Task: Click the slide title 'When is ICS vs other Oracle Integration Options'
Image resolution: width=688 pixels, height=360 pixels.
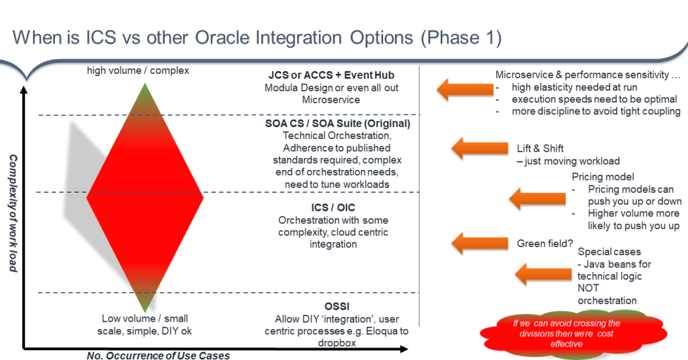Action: [x=212, y=38]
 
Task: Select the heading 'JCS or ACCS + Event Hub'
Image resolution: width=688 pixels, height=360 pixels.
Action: [x=331, y=75]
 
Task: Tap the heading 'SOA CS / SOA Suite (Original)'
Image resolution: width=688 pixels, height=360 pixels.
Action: [x=337, y=124]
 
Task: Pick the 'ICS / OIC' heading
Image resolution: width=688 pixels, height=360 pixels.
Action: [x=333, y=208]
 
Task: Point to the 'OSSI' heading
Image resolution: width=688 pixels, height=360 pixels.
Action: [x=337, y=306]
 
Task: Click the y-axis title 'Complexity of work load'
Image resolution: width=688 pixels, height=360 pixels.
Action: [x=13, y=213]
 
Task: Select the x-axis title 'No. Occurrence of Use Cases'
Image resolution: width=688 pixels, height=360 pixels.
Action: [x=158, y=355]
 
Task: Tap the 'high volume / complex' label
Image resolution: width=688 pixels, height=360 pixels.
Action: [x=138, y=71]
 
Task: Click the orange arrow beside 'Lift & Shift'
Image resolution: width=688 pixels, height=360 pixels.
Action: [x=479, y=148]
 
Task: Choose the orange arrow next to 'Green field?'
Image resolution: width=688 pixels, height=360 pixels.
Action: [x=479, y=243]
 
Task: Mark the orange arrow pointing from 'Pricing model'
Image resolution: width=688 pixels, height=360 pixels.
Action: [x=537, y=198]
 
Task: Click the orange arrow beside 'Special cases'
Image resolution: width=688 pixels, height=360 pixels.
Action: [x=543, y=274]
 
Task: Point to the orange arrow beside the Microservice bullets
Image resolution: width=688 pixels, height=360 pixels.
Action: [x=465, y=89]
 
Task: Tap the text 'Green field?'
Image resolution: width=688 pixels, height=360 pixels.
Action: [x=544, y=243]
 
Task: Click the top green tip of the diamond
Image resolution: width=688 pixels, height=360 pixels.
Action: [x=145, y=84]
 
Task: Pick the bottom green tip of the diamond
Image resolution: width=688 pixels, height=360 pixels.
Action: [x=145, y=311]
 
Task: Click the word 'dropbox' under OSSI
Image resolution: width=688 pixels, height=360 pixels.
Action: [x=337, y=343]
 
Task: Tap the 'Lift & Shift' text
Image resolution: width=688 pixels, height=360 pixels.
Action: [x=540, y=148]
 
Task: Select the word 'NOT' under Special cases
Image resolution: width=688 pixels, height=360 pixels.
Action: [x=588, y=288]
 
